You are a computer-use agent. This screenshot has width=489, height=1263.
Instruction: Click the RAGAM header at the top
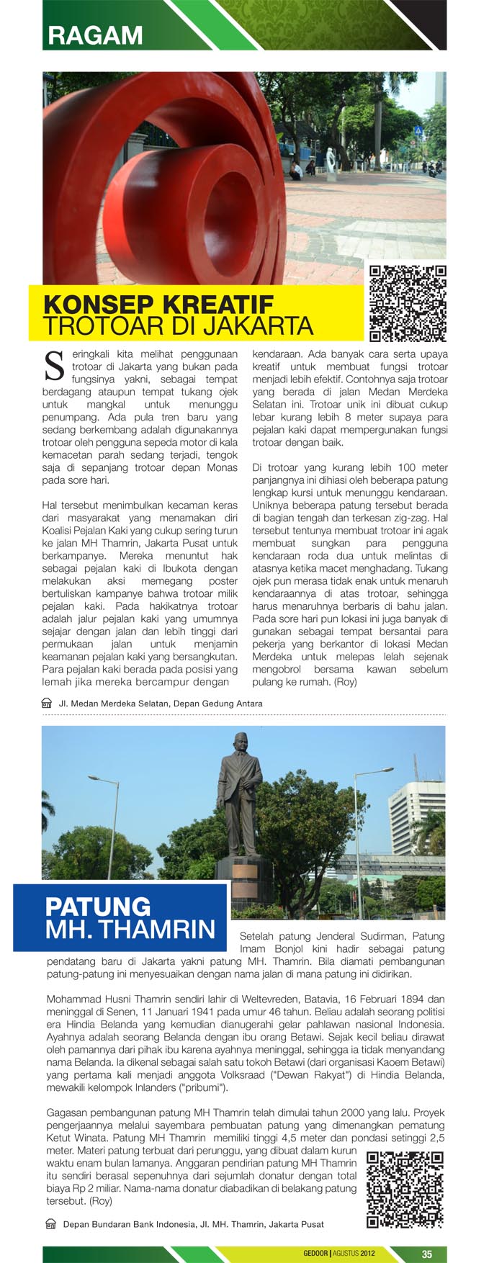95,35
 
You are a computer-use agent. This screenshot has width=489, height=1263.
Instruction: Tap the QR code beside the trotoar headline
408,303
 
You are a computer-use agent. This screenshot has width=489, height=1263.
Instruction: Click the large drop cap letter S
55,365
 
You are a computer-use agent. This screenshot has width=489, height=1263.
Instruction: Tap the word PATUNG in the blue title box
98,906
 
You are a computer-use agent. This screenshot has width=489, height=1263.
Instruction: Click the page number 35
426,1254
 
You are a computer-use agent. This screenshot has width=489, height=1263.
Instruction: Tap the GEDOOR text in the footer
315,1254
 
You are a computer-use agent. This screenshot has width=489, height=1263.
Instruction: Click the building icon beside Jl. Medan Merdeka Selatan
47,703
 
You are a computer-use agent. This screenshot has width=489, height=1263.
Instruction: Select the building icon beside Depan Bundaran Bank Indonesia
50,1224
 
